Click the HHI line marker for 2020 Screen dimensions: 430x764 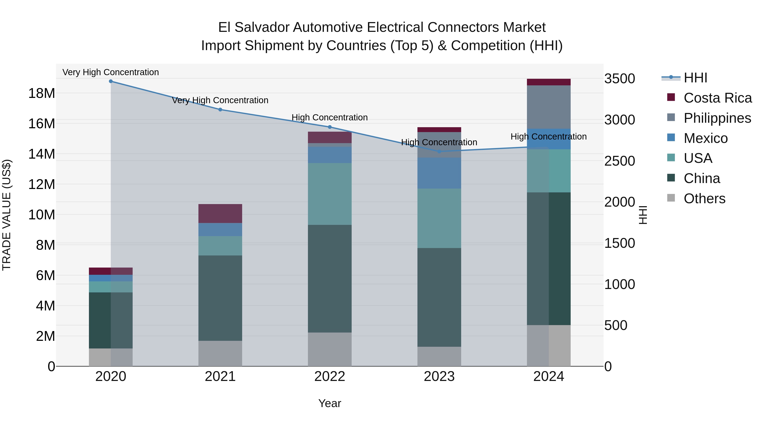coord(111,81)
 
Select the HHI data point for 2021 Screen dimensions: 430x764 coord(220,110)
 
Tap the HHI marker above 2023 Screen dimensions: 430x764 coord(439,152)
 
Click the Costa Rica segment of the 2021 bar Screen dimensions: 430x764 coord(220,213)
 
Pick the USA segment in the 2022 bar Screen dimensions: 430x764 coord(330,194)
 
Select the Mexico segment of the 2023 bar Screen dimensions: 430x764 coord(439,173)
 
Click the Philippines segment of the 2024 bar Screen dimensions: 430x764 coord(549,107)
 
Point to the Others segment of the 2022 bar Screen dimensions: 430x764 coord(330,349)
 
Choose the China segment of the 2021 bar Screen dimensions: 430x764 coord(220,298)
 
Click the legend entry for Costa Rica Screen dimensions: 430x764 coord(718,98)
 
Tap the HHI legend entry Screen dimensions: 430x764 coord(695,78)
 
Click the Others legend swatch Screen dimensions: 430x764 coord(671,198)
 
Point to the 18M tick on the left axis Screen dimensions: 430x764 coord(42,93)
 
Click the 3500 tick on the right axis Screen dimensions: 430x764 coord(619,79)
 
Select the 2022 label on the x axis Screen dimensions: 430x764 coord(330,376)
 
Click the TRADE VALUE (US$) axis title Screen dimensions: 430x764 coord(7,215)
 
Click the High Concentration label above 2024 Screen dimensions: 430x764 coord(548,137)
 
